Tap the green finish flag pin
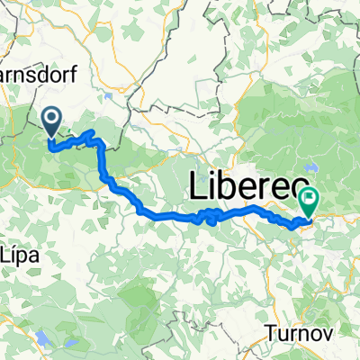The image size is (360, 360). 309,200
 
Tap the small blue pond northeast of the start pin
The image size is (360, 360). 108,93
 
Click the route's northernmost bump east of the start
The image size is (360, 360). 90,133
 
